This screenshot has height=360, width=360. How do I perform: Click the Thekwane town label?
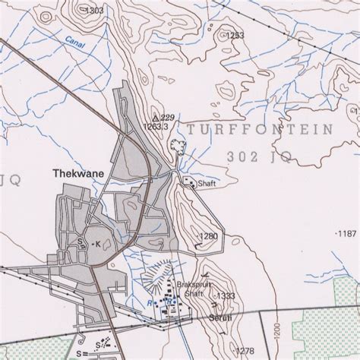click(x=77, y=172)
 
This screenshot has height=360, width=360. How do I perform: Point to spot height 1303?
click(x=94, y=11)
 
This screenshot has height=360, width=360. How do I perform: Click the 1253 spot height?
click(x=235, y=35)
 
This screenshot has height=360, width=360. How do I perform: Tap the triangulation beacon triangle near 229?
click(x=156, y=118)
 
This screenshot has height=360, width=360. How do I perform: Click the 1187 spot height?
click(x=346, y=232)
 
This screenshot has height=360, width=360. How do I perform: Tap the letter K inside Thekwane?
click(x=96, y=245)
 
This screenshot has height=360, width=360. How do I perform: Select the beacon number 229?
click(x=168, y=117)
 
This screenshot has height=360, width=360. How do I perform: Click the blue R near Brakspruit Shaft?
click(x=150, y=302)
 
